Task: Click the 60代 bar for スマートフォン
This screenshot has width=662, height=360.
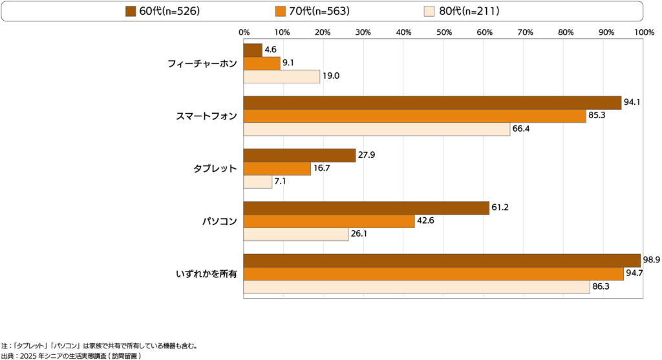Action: click(432, 103)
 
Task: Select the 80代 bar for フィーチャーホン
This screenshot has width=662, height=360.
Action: click(281, 76)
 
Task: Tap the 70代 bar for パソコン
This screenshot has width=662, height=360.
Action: click(328, 221)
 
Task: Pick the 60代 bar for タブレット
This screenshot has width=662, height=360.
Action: click(299, 155)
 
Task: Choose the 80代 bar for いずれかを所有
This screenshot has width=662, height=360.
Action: click(416, 287)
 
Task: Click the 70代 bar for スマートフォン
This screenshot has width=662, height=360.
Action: click(414, 116)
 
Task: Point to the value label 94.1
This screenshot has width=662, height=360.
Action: click(632, 102)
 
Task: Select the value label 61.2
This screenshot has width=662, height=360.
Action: click(500, 207)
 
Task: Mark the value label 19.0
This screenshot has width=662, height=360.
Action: click(331, 76)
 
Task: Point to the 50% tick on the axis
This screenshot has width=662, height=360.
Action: click(443, 32)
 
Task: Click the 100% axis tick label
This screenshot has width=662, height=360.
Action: click(644, 32)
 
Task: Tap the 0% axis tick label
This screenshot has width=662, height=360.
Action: click(244, 32)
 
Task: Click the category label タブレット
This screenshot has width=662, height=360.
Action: click(215, 169)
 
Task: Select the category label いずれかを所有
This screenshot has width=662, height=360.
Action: click(206, 274)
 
